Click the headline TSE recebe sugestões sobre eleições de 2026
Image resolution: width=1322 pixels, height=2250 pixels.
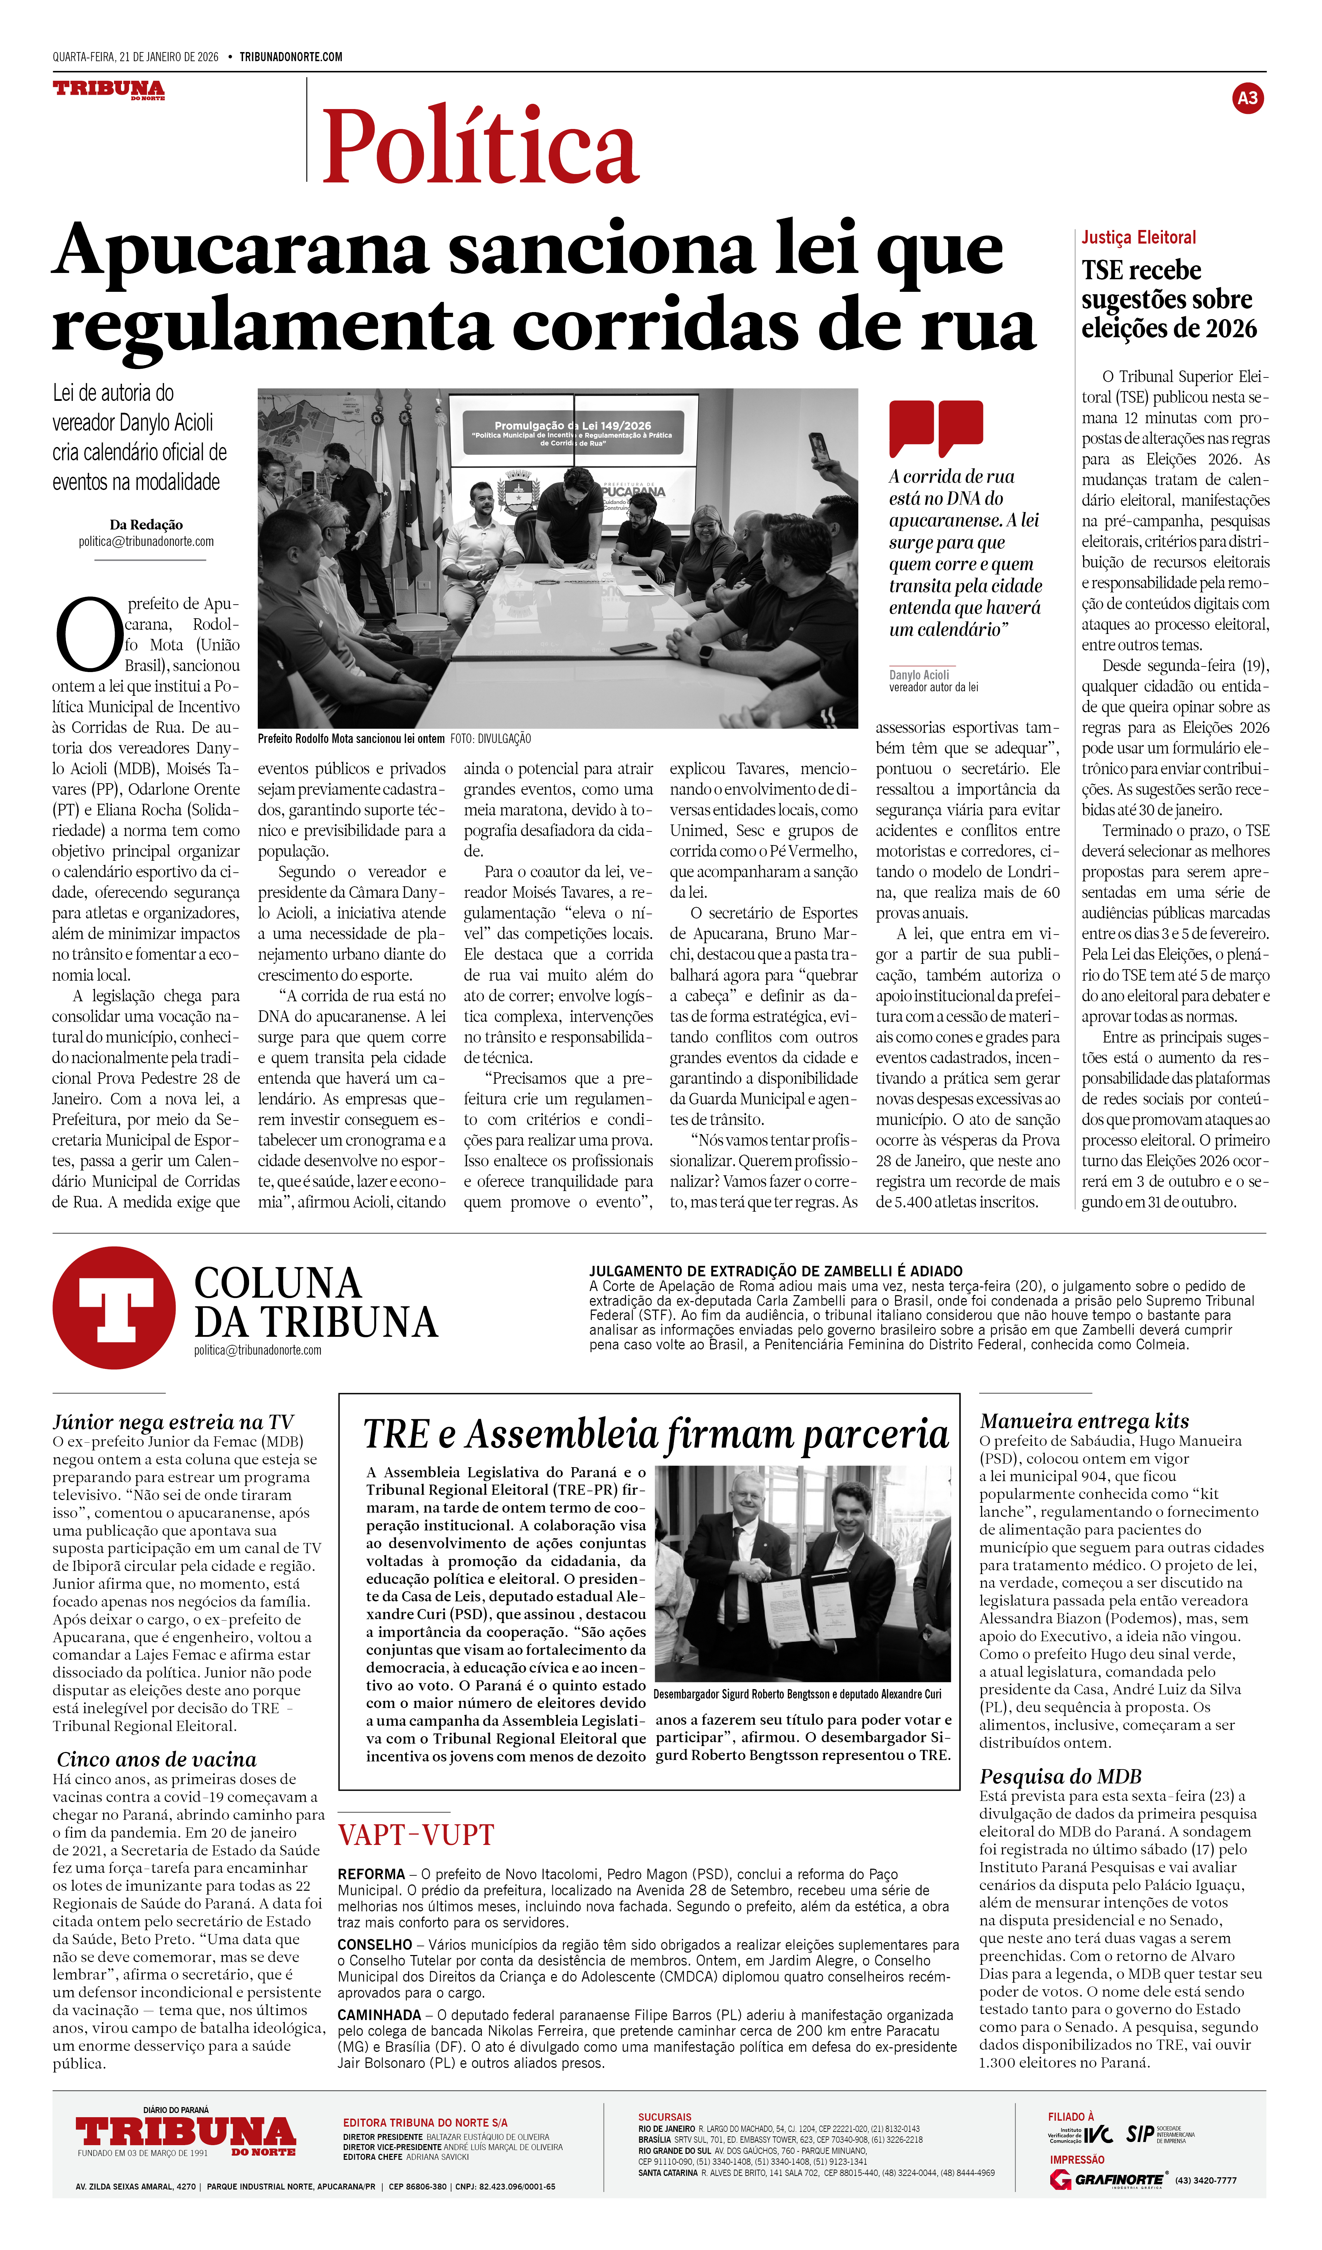(x=1168, y=299)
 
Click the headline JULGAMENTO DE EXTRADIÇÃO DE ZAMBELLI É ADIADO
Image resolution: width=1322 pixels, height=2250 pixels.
(x=775, y=1270)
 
